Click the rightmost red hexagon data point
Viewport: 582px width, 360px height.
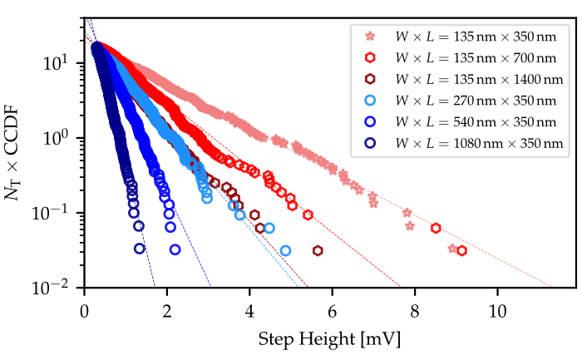[461, 250]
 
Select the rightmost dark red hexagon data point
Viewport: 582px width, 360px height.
[318, 250]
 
